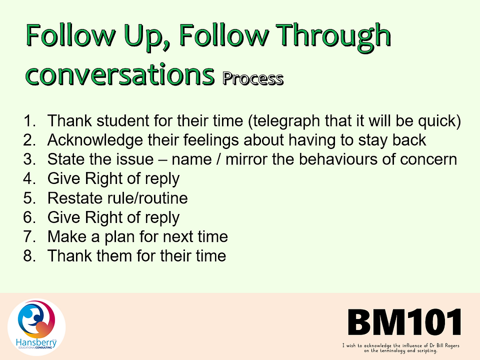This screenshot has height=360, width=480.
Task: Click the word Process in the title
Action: pos(253,78)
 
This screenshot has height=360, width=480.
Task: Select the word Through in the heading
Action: pos(333,36)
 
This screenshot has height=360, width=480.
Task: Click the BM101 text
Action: pos(404,322)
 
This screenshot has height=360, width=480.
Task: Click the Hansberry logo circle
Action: pos(36,327)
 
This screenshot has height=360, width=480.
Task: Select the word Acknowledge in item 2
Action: pos(95,140)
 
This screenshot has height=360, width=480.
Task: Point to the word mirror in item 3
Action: pos(246,159)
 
